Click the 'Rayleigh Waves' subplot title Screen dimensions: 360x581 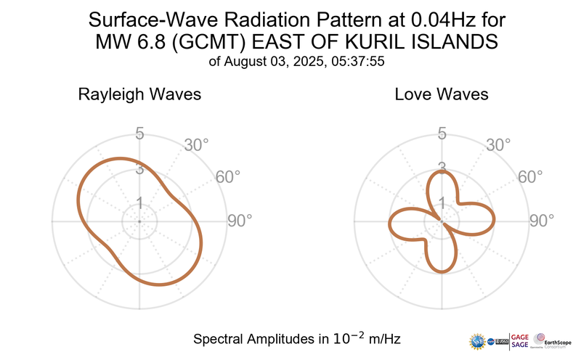(x=139, y=94)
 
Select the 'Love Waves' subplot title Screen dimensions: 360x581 (x=441, y=94)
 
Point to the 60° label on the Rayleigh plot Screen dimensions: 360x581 (x=230, y=177)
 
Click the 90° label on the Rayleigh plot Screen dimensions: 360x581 (x=240, y=221)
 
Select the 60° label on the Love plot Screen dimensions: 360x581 (x=531, y=177)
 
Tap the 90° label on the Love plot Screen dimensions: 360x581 (x=541, y=221)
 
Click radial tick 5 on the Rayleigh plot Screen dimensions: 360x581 (x=139, y=134)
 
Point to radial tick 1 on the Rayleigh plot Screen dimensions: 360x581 (x=139, y=203)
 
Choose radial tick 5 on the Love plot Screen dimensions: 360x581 (x=441, y=134)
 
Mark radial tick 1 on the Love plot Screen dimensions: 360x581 (x=441, y=203)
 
